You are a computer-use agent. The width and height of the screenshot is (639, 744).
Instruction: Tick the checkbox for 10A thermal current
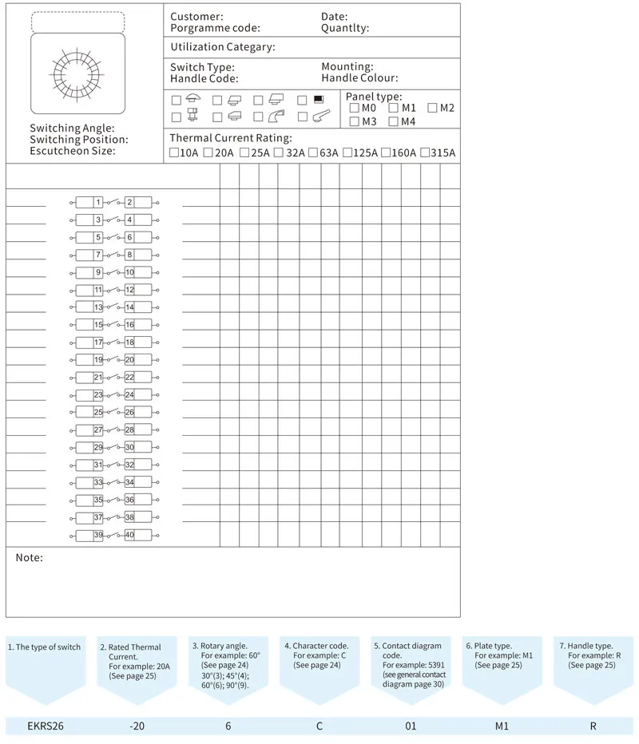tap(174, 152)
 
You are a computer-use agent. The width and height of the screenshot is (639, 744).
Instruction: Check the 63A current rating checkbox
tap(313, 152)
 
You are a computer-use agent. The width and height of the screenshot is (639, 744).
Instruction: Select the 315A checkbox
tap(424, 152)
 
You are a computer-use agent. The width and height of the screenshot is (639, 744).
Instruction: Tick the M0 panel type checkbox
tap(354, 108)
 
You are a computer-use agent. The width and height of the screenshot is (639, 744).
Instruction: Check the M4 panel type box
tap(393, 121)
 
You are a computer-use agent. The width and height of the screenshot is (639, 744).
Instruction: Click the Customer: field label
tap(196, 17)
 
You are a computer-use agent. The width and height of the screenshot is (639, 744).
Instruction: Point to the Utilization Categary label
tap(222, 47)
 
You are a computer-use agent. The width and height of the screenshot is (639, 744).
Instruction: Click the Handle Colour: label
tap(359, 78)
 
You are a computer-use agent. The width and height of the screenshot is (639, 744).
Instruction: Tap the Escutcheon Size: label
tap(72, 150)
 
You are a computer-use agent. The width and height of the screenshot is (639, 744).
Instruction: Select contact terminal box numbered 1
tap(97, 202)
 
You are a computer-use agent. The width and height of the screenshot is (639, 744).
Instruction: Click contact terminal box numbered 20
tap(129, 359)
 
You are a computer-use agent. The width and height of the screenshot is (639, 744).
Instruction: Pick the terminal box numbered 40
tap(129, 535)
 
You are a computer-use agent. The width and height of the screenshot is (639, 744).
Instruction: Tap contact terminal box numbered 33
tap(97, 482)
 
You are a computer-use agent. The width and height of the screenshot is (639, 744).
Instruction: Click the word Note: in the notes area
tap(30, 557)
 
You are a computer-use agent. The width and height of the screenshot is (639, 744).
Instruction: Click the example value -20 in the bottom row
tap(137, 726)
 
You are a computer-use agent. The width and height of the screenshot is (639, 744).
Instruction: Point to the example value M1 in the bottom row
tap(501, 726)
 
